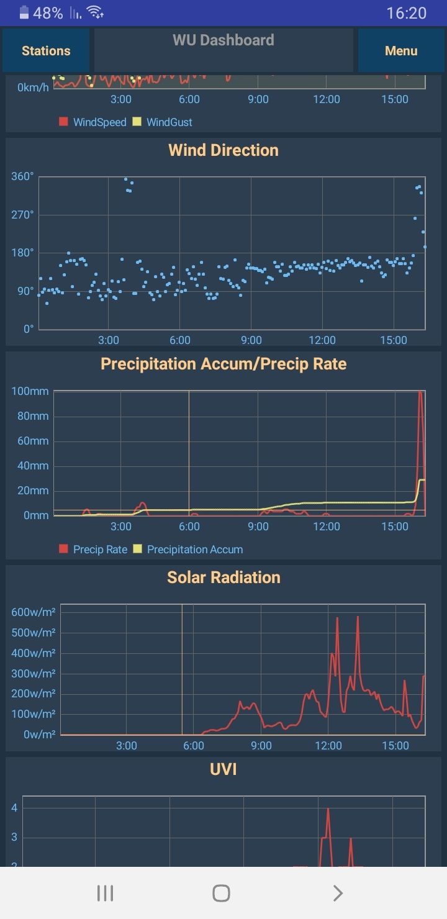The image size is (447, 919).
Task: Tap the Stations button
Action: (46, 51)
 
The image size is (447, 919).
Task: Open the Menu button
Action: (401, 51)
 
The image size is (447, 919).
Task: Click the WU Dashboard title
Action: (223, 40)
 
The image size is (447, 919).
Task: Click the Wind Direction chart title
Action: (223, 150)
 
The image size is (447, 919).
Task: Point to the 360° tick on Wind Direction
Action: (22, 176)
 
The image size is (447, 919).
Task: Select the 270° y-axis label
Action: (22, 215)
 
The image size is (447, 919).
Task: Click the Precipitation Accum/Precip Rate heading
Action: (223, 364)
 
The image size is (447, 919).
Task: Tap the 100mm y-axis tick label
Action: (30, 391)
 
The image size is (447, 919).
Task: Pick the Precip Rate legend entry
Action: (93, 550)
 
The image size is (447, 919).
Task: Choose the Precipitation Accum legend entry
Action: (187, 550)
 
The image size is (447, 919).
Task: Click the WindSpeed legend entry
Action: (93, 122)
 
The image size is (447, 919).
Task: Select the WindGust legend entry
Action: (163, 122)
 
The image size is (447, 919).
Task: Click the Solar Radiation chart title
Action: (223, 577)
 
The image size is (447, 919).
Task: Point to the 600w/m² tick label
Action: (34, 612)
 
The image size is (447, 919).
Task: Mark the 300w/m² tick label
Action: (34, 673)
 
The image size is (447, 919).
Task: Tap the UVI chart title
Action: (223, 769)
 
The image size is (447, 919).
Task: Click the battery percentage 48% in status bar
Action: (48, 13)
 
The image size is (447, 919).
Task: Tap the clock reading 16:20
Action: (407, 13)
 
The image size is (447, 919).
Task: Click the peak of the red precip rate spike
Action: (420, 392)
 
